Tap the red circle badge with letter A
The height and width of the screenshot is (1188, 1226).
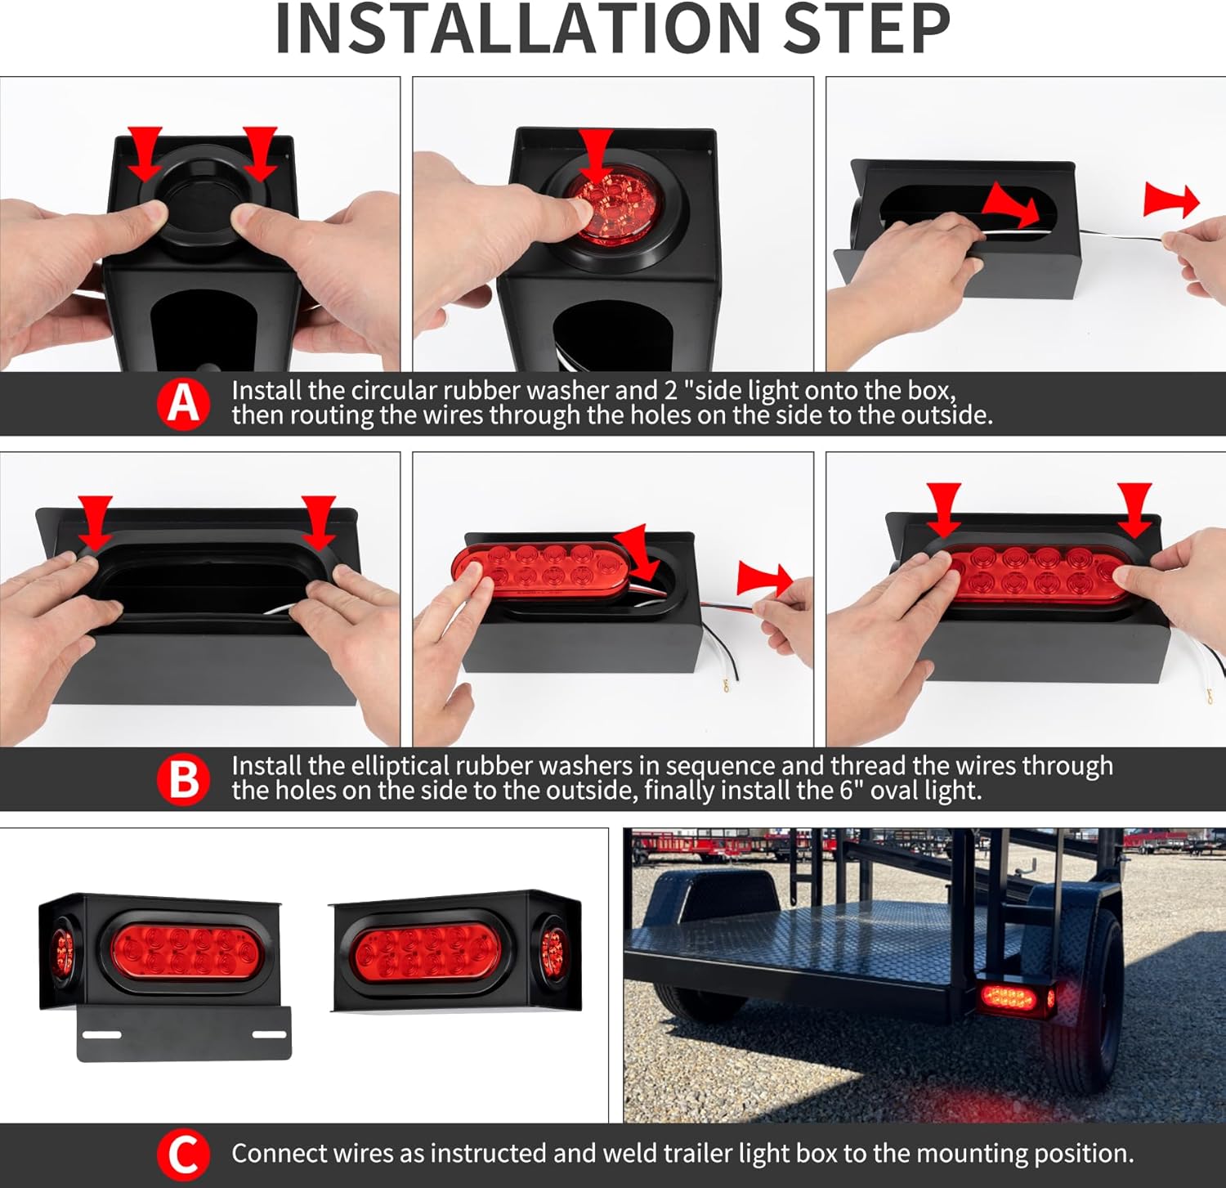183,403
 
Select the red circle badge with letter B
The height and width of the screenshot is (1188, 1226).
183,778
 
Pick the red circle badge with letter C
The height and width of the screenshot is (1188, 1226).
183,1154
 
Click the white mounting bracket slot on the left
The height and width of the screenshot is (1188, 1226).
101,1034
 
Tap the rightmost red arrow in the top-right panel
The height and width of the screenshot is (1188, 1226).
1170,200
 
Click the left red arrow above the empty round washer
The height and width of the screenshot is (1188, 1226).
145,152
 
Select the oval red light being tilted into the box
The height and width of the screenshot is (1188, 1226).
539,568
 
